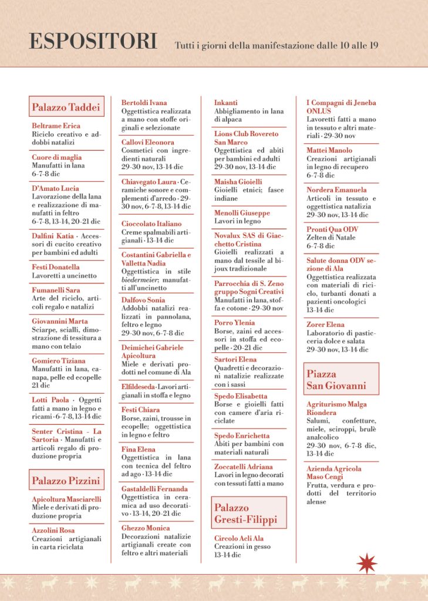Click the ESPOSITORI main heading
coord(93,42)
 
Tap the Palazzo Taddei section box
coord(66,107)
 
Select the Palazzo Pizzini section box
coord(66,481)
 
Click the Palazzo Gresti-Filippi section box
coord(249,512)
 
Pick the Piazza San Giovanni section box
coord(341,379)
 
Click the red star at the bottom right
coord(366,563)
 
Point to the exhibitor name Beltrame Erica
coord(56,126)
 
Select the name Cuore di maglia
coord(57,157)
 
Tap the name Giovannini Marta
coord(59,321)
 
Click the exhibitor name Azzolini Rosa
coord(53,531)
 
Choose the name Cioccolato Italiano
coord(151,224)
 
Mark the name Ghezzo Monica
coord(146,528)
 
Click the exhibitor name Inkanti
coord(227,103)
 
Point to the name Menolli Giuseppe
coord(242,213)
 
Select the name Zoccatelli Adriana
coord(244,467)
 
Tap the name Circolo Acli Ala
coord(239,538)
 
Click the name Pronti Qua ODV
coord(332,229)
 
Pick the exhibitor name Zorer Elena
coord(325,325)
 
